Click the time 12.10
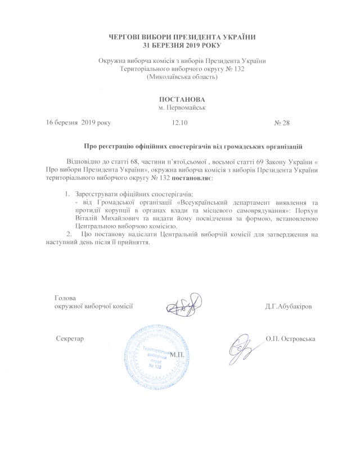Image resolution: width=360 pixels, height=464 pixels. click(179, 122)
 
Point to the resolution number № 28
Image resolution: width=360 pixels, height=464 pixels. click(281, 122)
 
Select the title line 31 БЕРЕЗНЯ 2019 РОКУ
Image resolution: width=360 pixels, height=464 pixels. click(179, 45)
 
